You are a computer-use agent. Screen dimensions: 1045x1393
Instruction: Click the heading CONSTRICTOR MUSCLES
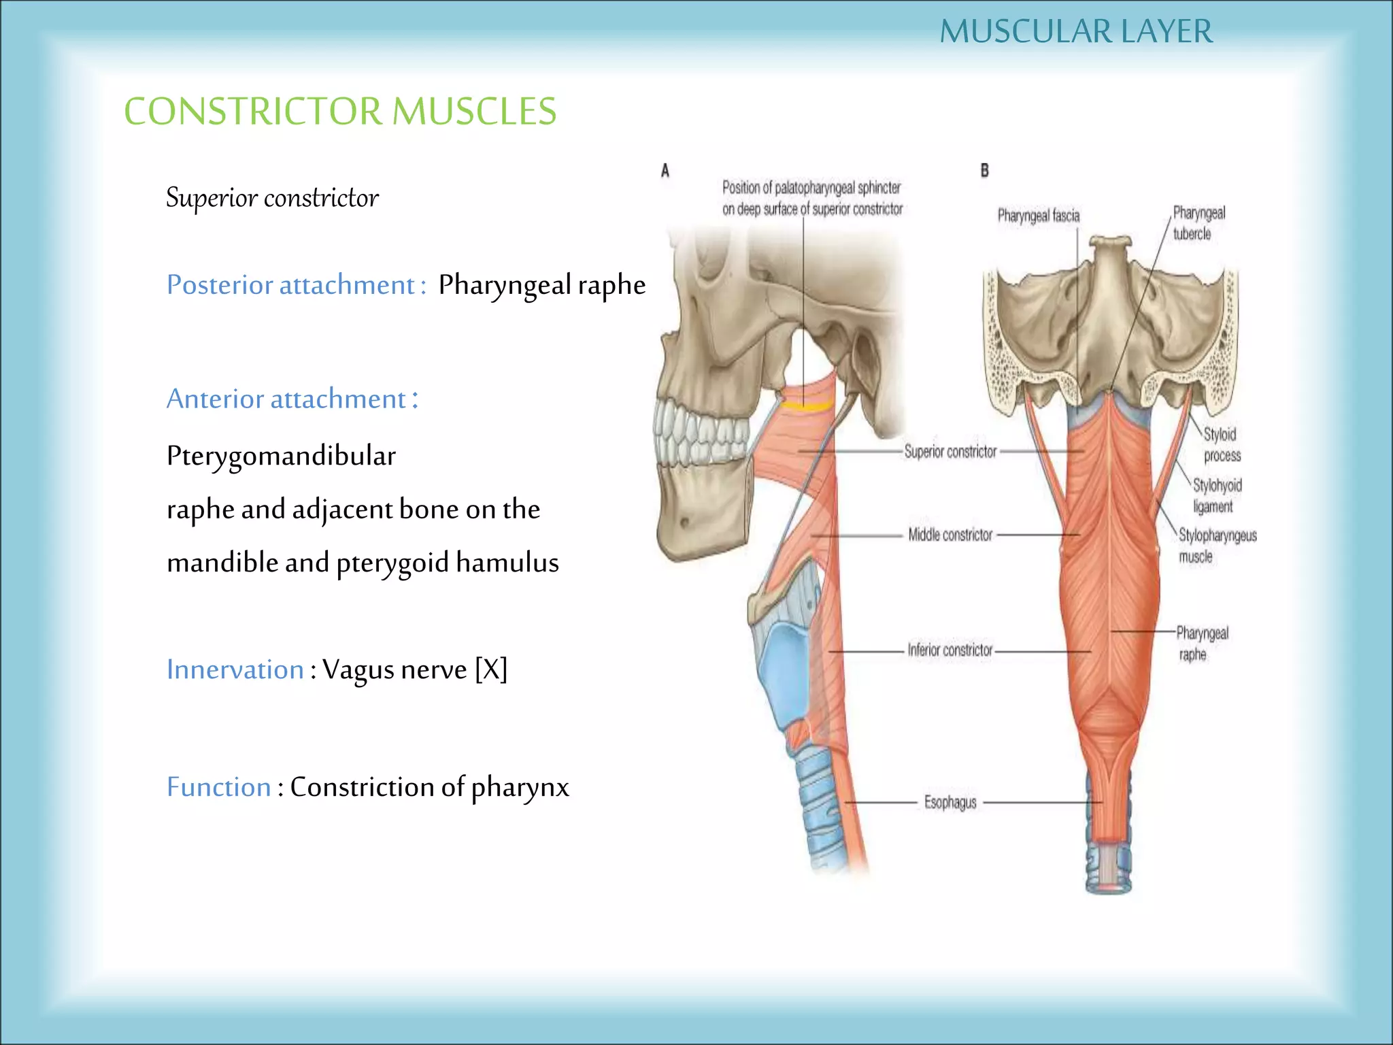point(340,111)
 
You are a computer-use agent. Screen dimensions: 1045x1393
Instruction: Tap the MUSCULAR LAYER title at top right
point(1076,31)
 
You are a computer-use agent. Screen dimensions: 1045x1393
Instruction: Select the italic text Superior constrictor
point(272,198)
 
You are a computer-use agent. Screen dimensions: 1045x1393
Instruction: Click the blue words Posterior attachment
point(290,284)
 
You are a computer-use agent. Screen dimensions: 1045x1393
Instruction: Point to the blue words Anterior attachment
point(286,399)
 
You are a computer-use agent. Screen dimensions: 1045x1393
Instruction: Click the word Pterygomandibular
point(281,456)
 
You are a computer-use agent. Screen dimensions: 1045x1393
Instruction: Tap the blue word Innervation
point(235,669)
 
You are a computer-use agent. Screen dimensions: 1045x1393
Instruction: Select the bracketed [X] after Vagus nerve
point(491,669)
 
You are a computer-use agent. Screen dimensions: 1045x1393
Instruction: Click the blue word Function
point(218,787)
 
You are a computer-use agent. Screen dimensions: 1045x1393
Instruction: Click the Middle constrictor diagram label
point(950,535)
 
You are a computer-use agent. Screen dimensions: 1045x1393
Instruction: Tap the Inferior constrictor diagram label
point(950,650)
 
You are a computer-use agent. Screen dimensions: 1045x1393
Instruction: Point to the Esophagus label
point(950,802)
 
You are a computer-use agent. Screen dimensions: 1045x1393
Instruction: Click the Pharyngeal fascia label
point(1038,216)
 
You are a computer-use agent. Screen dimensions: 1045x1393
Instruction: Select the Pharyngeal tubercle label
point(1198,223)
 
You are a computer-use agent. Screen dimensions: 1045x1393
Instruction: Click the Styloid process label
point(1222,444)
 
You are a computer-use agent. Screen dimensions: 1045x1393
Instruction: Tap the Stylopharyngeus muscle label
point(1217,546)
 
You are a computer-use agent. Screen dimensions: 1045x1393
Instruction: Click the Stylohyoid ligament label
point(1217,495)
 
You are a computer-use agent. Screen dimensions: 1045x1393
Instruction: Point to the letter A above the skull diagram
point(665,171)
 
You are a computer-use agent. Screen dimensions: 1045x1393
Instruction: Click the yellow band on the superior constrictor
point(807,407)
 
